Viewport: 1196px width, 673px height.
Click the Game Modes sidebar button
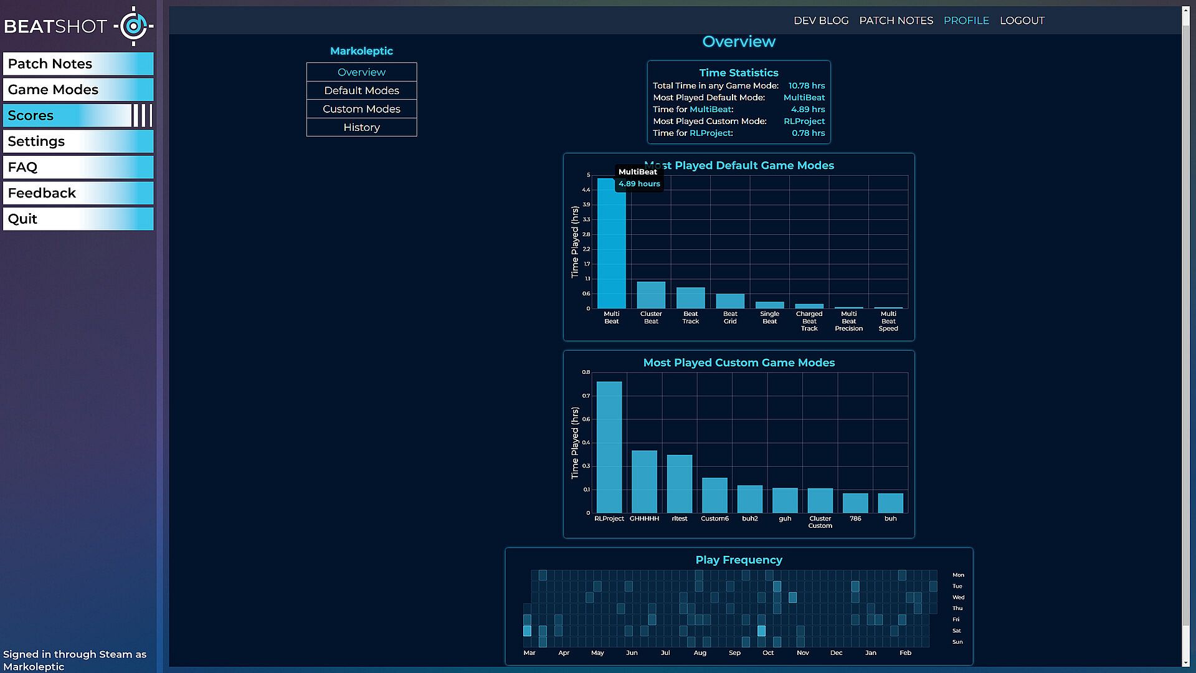point(78,90)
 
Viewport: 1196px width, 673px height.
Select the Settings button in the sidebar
point(78,141)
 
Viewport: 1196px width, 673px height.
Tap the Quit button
point(78,219)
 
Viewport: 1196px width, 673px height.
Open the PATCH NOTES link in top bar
point(896,21)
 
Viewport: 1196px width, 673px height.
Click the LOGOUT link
point(1022,21)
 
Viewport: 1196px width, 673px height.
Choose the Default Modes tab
point(361,90)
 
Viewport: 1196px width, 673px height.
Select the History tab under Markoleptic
point(361,127)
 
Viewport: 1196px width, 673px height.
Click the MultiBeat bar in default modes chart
point(611,249)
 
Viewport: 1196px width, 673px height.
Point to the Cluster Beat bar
point(651,295)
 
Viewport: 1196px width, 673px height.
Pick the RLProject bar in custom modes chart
point(609,449)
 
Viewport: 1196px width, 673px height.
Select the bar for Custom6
point(714,495)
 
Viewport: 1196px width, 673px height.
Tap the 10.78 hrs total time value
point(806,86)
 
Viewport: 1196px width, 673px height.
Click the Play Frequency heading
point(739,560)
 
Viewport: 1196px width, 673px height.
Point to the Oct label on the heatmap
point(768,653)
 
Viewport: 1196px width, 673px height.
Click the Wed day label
point(958,598)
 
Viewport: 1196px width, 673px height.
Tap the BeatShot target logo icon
point(133,26)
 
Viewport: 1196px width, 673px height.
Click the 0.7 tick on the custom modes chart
point(586,396)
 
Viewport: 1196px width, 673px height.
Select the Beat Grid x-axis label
point(730,318)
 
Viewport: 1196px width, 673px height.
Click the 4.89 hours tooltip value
point(639,184)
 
